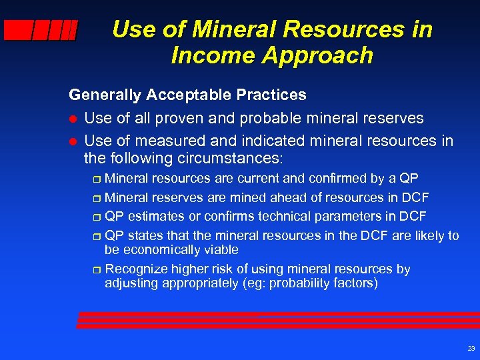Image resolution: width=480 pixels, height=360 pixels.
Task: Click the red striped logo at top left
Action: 41,31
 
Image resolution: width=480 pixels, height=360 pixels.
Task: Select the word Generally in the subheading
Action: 105,95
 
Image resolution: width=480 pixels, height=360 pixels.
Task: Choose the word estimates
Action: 154,217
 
